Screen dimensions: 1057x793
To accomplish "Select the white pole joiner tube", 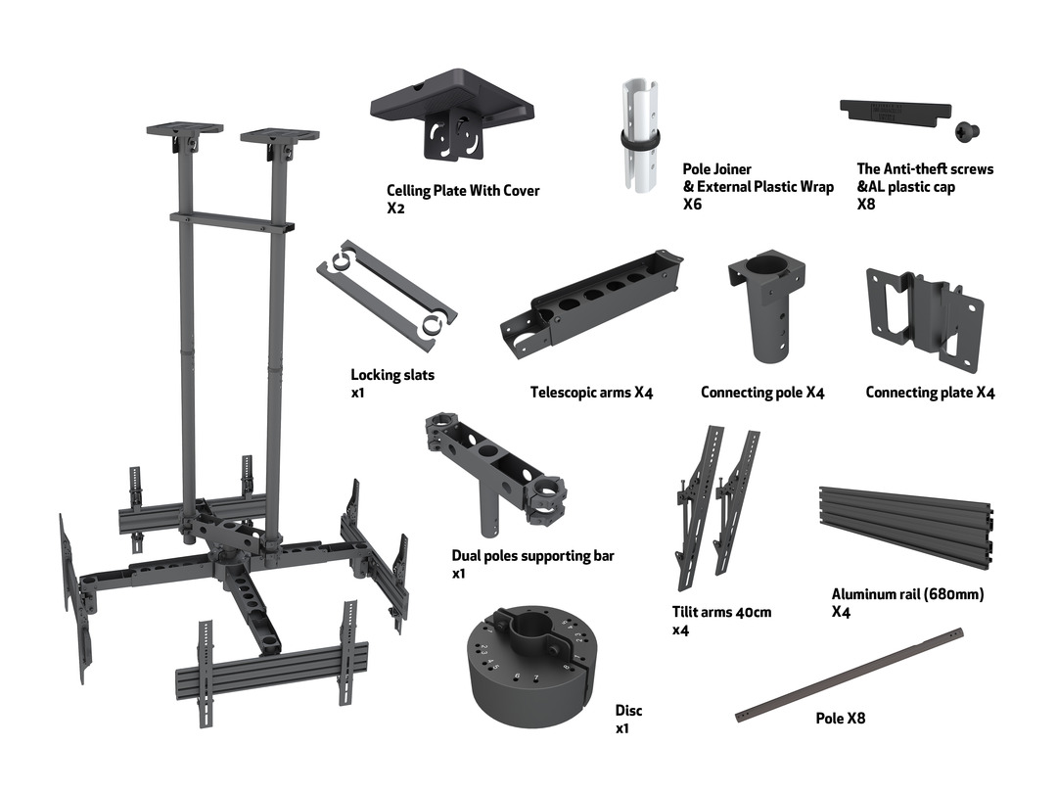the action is (x=639, y=135).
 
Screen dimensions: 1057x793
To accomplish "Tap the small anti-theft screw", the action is (x=967, y=131).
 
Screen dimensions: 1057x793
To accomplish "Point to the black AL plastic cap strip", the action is (x=896, y=113).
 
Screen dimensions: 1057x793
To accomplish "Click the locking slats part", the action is (x=387, y=295).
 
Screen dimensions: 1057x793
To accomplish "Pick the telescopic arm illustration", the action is (x=590, y=300).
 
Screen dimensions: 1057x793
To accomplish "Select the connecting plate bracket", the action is (x=924, y=318).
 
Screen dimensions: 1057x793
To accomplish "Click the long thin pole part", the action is (x=850, y=676).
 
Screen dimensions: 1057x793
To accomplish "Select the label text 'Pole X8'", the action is (x=840, y=719).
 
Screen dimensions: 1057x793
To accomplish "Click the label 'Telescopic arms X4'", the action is (x=591, y=393).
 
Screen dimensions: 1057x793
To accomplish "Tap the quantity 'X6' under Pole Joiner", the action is (x=692, y=205).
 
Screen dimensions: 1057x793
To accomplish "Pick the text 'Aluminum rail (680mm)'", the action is (x=907, y=594).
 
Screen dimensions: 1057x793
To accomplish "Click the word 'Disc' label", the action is (x=628, y=710).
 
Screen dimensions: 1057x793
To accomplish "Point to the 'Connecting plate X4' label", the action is (x=930, y=393).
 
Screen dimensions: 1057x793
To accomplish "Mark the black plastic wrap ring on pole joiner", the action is (x=640, y=140).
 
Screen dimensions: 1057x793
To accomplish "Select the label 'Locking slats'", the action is (x=392, y=375).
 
